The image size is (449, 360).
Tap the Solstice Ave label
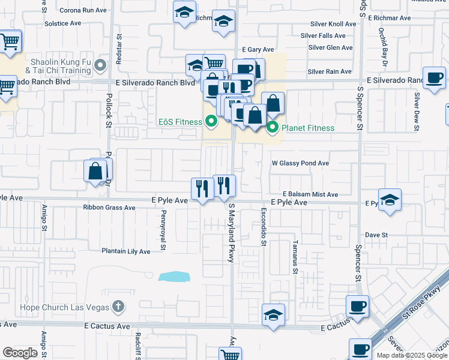(x=62, y=23)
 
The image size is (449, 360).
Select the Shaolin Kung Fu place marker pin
(x=100, y=65)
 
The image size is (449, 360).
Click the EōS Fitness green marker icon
(x=211, y=122)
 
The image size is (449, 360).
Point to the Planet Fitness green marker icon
(x=273, y=127)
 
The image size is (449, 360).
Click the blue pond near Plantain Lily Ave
(x=174, y=277)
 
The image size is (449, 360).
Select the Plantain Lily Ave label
(x=125, y=251)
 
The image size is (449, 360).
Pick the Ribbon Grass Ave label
(x=109, y=208)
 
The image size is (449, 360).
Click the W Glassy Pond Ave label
(x=300, y=163)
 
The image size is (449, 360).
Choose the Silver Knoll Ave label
(x=333, y=24)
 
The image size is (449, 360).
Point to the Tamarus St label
(x=295, y=257)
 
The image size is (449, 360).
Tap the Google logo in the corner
(x=20, y=353)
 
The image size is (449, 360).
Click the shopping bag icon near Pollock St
(x=95, y=172)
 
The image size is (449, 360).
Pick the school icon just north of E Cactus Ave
(x=273, y=315)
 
